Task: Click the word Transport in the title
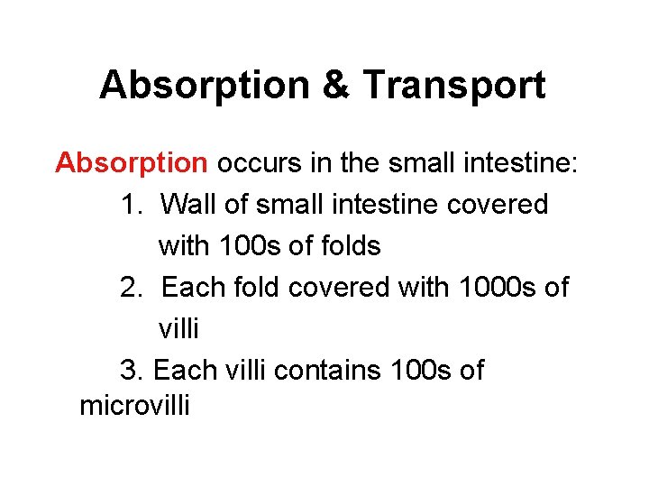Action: point(454,86)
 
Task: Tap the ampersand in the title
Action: point(339,86)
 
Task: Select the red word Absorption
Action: point(132,163)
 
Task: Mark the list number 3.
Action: point(129,370)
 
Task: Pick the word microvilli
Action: point(135,405)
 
